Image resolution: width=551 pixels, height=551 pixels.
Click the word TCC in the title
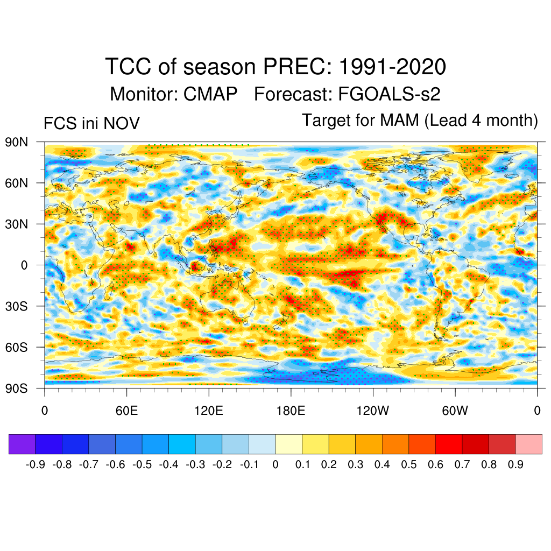click(x=129, y=67)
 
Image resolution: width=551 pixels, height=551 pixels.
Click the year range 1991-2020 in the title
click(x=392, y=67)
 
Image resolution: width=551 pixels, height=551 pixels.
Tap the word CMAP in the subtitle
click(x=210, y=94)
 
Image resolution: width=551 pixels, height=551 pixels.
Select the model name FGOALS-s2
click(x=389, y=94)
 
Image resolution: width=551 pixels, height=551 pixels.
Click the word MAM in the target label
click(x=399, y=120)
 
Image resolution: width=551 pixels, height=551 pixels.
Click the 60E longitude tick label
click(x=126, y=412)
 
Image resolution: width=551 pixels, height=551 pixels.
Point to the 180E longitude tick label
click(x=291, y=412)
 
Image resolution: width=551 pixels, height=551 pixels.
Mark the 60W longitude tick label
click(x=455, y=412)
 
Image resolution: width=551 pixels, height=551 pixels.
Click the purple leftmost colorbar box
click(x=22, y=444)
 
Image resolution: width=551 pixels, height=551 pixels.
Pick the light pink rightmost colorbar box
click(x=528, y=444)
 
